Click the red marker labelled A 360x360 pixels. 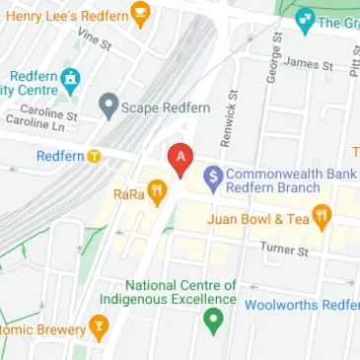[x=179, y=158]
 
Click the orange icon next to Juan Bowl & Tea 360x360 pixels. [x=321, y=219]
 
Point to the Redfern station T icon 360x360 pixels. [x=95, y=156]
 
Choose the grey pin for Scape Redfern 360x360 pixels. [x=108, y=105]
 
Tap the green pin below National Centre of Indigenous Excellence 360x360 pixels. [x=211, y=321]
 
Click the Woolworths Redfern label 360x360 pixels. [x=301, y=305]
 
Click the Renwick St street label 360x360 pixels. [x=227, y=122]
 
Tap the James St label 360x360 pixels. [x=308, y=64]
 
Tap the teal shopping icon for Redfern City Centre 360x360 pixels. [x=69, y=79]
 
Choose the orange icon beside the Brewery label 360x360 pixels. [x=99, y=325]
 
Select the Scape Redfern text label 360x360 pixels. [x=162, y=105]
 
